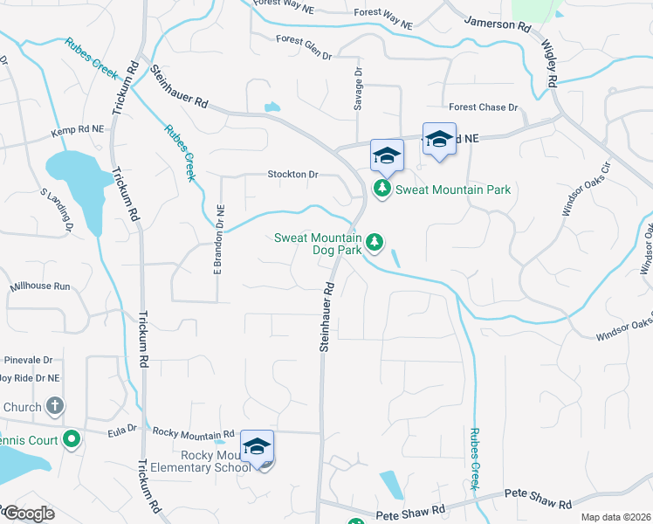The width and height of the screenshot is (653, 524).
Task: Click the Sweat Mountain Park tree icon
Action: coord(381,189)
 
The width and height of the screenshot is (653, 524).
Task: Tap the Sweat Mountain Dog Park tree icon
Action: coord(375,241)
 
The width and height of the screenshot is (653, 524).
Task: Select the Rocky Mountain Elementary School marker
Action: coord(258,448)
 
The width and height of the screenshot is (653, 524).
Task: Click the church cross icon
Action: coord(54,406)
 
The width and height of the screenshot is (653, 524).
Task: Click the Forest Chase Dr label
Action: coord(484,107)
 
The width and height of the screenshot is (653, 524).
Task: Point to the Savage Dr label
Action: coord(358,88)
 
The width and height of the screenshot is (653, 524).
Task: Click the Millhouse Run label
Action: coord(39,286)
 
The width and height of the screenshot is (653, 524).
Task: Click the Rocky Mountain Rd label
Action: coord(194,432)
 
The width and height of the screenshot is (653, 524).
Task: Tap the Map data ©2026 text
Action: coord(615,517)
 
